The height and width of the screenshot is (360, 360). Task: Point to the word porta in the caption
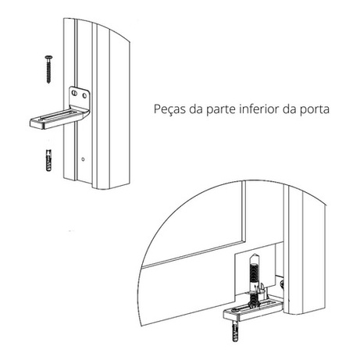click(x=315, y=110)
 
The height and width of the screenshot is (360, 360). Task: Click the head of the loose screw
click(x=48, y=57)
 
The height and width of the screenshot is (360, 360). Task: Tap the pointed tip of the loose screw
click(x=48, y=83)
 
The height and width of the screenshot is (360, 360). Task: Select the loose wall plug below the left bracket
click(x=48, y=160)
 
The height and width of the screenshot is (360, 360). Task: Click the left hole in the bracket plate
click(x=74, y=93)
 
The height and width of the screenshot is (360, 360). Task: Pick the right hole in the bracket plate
click(x=84, y=95)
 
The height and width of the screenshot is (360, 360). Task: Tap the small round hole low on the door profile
click(x=83, y=159)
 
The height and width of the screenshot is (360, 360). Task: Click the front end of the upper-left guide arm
click(x=38, y=123)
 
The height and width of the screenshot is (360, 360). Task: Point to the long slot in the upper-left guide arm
click(x=56, y=116)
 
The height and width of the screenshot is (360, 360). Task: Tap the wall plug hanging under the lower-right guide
click(x=235, y=330)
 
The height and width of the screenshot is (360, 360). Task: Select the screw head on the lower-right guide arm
click(x=236, y=310)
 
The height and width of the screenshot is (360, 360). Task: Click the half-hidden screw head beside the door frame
click(x=282, y=283)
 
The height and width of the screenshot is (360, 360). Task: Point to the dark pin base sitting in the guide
click(x=252, y=301)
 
